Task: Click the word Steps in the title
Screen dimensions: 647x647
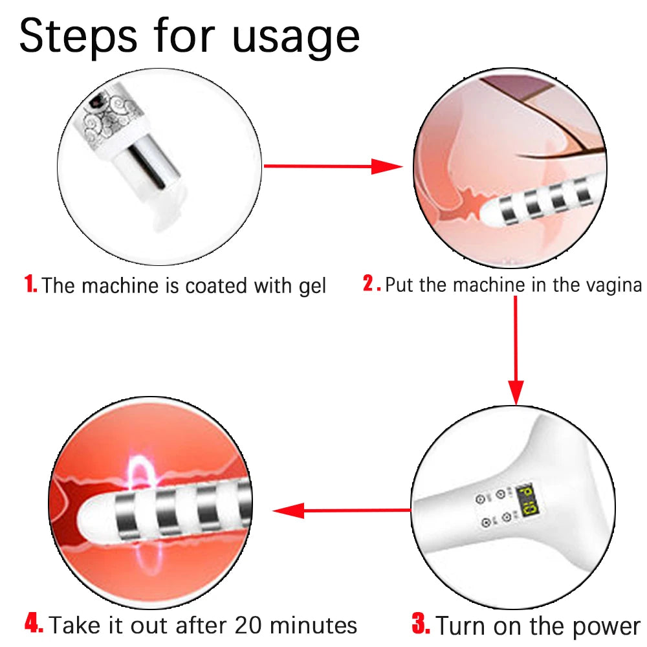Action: point(78,37)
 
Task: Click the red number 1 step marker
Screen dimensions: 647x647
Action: point(30,284)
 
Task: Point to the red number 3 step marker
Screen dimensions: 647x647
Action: point(421,623)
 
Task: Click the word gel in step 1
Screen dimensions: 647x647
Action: point(313,287)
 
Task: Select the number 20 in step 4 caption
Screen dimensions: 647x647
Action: point(248,625)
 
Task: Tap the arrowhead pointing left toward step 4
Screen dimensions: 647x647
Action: point(289,510)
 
